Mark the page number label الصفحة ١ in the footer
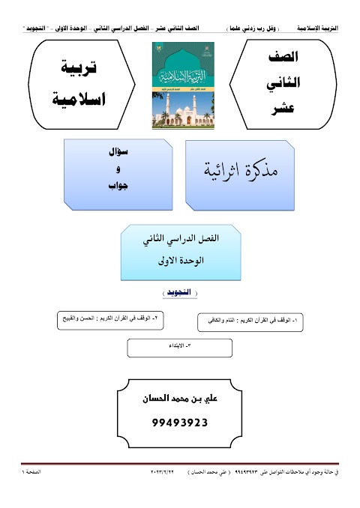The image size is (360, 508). coord(36,474)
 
